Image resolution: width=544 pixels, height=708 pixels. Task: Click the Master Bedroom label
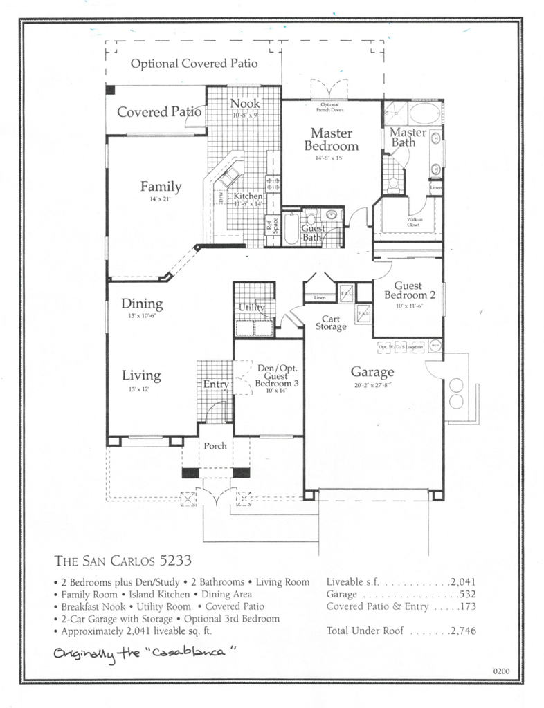click(331, 139)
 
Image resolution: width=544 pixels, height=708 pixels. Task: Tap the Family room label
click(161, 186)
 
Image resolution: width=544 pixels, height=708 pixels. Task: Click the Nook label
click(244, 104)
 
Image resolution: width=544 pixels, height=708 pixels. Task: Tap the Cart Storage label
click(331, 322)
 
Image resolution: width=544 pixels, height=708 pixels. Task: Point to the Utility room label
click(251, 308)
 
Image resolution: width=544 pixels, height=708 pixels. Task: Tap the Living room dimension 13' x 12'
click(141, 391)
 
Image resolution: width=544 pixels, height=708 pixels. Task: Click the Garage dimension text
click(372, 384)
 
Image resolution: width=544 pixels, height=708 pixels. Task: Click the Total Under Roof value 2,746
click(462, 631)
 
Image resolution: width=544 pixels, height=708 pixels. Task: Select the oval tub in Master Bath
click(425, 113)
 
